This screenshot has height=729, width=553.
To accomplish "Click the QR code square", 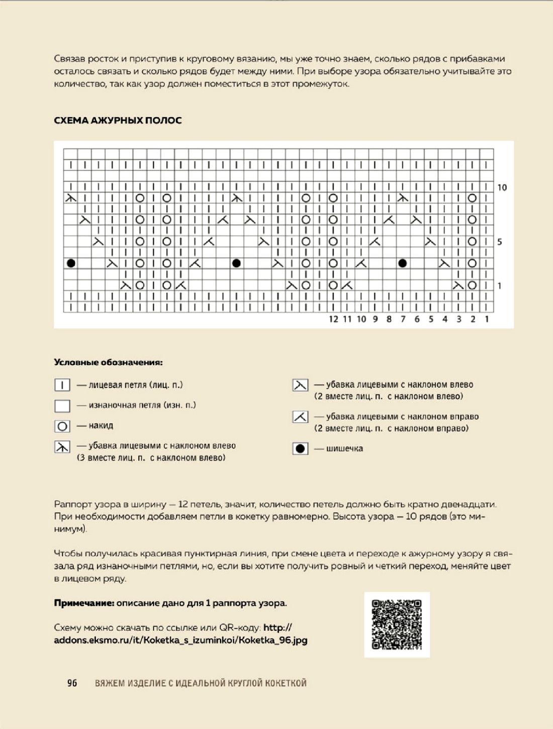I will coord(397,624).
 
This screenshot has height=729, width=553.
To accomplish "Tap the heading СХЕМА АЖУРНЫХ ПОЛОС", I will coord(118,120).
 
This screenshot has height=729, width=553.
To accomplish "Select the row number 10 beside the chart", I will coord(502,188).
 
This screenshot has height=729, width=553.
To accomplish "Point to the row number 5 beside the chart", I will coord(499,242).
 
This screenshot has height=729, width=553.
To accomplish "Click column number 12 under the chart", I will coord(333,319).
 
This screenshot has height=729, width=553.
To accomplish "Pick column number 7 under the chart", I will coord(403,319).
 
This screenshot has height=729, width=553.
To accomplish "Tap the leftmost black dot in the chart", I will coord(71,263).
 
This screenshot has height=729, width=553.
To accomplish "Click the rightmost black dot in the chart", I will coord(402,263).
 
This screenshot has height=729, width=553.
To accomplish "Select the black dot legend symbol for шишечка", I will coord(300,448).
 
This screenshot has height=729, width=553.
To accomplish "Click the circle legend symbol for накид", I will coord(62,426).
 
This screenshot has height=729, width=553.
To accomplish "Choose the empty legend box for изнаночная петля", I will coord(62,406).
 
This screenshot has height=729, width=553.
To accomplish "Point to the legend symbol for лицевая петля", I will coord(62,385).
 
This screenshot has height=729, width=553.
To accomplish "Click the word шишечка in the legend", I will coord(344,448).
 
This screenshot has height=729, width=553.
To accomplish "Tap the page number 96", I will coord(72,683).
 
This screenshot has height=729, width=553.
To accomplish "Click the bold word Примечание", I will coord(84,603).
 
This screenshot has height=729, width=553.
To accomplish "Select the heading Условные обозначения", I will coord(108,362).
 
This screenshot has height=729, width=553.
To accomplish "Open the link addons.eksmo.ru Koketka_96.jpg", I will coord(180,640).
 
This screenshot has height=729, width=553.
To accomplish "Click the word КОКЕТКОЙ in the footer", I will coord(285,683).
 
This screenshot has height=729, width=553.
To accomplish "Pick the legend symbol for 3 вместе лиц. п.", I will coord(62,446).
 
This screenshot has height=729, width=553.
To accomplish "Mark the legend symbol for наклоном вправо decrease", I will coord(300,417).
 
